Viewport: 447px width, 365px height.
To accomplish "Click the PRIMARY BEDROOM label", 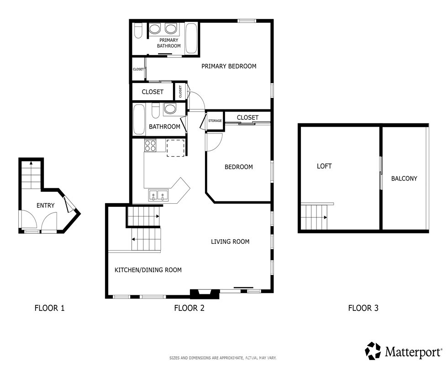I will click(x=229, y=66).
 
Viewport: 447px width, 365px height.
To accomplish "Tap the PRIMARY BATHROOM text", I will click(x=169, y=43).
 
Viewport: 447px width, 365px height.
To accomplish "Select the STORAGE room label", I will click(x=215, y=121).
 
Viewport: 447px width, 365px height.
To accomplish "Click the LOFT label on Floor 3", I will click(x=324, y=166).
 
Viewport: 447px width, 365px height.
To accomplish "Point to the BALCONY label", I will click(x=404, y=179).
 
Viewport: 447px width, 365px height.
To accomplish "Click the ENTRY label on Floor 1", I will click(x=45, y=206).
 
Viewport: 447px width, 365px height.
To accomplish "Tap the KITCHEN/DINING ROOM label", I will click(x=148, y=270).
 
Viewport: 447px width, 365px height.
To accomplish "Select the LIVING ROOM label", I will click(x=230, y=242).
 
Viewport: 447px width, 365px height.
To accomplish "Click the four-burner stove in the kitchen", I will click(x=151, y=146).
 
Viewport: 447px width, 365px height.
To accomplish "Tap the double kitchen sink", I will click(x=158, y=196).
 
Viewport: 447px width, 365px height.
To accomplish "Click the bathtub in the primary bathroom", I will click(x=192, y=38).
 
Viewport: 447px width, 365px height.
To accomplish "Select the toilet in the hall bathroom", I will click(x=155, y=111).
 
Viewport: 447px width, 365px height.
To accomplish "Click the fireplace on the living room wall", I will click(x=200, y=294).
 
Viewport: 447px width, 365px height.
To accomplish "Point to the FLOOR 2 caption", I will click(x=189, y=308).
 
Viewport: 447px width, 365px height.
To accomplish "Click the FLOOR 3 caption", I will click(x=363, y=308).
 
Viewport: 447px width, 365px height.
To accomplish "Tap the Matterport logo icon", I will click(x=373, y=351).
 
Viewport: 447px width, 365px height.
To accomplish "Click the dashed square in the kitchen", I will click(x=175, y=148).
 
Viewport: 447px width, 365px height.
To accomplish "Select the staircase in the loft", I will click(x=315, y=217).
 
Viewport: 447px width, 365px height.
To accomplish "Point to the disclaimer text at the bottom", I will click(x=223, y=358).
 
